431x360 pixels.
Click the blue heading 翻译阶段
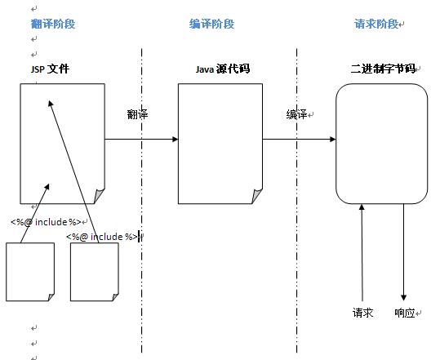(53, 24)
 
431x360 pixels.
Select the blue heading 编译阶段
(211, 24)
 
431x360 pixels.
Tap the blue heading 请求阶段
(376, 24)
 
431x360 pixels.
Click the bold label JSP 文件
(50, 69)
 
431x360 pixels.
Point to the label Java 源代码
(223, 69)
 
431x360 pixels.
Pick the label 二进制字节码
(383, 69)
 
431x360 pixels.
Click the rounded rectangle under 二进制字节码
(381, 144)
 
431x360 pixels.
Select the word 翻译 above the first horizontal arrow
(137, 114)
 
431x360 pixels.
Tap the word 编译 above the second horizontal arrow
(296, 114)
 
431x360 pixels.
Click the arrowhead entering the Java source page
(175, 139)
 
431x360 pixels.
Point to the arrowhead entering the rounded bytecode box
(332, 139)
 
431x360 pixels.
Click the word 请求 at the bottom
(362, 313)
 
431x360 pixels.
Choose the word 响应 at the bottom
(405, 313)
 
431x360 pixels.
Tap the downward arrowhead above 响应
(403, 297)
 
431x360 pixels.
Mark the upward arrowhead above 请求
(362, 207)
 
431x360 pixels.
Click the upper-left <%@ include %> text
(46, 222)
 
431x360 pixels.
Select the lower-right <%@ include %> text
(102, 237)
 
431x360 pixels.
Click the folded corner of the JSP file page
(100, 196)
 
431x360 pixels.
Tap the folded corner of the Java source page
(257, 196)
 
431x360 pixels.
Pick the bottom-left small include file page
(30, 272)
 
